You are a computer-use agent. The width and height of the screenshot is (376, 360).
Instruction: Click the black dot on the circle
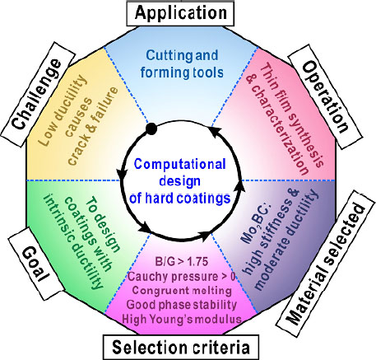(x=151, y=129)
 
